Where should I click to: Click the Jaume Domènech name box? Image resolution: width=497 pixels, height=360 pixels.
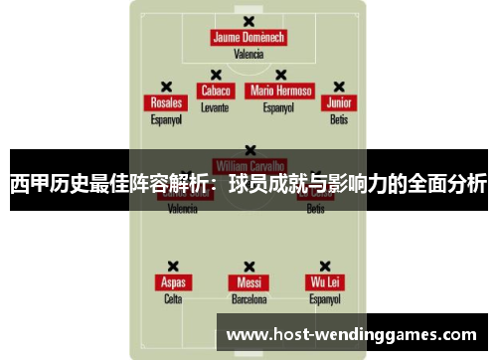(x=248, y=38)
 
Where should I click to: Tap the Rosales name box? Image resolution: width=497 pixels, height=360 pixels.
(x=166, y=103)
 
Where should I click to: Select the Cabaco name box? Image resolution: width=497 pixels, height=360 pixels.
(x=215, y=90)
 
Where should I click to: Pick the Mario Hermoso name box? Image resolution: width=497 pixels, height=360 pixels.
(x=280, y=90)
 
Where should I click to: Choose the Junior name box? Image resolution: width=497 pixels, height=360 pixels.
(x=339, y=103)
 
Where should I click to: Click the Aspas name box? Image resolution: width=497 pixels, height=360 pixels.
(x=173, y=282)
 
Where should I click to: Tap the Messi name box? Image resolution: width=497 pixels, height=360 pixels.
(x=248, y=282)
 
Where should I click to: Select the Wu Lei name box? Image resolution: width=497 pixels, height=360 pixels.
(x=324, y=282)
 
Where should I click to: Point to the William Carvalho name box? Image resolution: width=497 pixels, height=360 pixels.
(x=248, y=164)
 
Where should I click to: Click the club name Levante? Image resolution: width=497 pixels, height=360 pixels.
(x=215, y=106)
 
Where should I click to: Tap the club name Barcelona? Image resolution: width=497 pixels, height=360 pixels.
(x=248, y=298)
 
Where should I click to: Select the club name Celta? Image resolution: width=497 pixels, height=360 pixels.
(x=173, y=298)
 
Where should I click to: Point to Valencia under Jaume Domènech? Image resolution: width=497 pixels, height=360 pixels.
(x=248, y=55)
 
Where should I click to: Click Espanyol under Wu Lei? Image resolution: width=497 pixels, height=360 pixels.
(x=324, y=298)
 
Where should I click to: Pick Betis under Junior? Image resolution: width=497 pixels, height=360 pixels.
(x=339, y=119)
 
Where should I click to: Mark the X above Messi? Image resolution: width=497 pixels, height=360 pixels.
(x=248, y=266)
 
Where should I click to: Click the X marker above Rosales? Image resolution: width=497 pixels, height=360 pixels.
(x=166, y=87)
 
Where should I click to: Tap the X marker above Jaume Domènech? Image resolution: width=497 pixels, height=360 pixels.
(x=248, y=21)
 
